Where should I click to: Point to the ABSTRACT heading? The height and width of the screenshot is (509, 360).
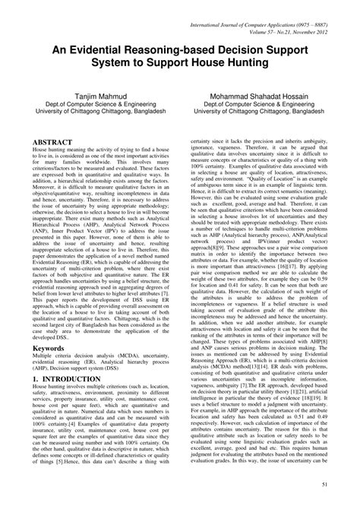click(x=43, y=142)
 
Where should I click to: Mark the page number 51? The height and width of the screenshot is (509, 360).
click(x=346, y=485)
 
